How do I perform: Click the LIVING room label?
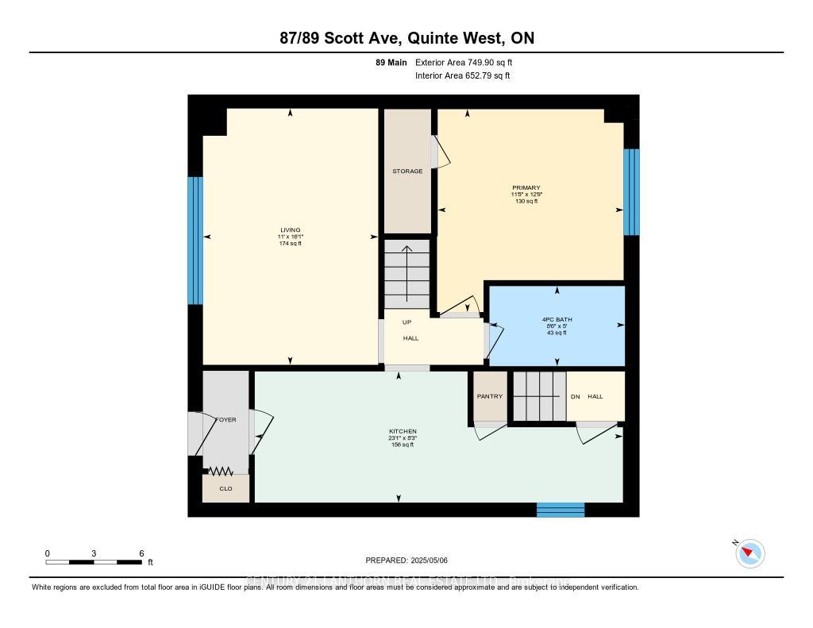(x=290, y=230)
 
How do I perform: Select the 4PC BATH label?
(x=556, y=319)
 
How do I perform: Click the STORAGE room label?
(x=407, y=171)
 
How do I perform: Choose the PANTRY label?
(x=489, y=396)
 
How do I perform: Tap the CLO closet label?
(x=225, y=488)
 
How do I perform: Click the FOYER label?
(x=225, y=420)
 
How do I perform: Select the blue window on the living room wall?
(x=195, y=241)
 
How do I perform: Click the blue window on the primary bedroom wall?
(x=631, y=192)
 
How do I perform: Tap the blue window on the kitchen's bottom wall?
(x=561, y=510)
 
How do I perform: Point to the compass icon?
(x=749, y=553)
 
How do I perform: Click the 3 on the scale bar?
(x=94, y=553)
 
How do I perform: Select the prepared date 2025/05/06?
(x=406, y=561)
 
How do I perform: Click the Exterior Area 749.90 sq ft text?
(x=469, y=62)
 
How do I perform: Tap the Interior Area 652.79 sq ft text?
(x=462, y=75)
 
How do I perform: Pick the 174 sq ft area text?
(x=290, y=244)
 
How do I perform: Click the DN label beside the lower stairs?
(x=575, y=397)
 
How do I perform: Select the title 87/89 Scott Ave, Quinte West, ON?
(x=406, y=38)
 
